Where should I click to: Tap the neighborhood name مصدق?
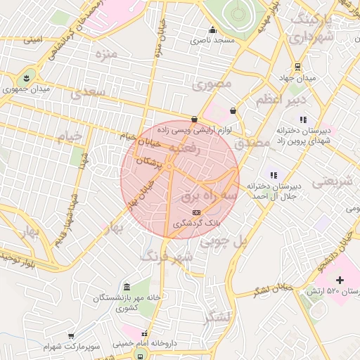(252, 142)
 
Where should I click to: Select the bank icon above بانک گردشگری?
(196, 212)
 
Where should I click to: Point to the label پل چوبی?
(224, 243)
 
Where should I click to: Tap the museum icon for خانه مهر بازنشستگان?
(127, 288)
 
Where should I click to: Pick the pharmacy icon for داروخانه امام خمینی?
(145, 334)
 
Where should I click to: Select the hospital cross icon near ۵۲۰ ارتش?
(341, 280)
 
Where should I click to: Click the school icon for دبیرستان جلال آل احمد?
(274, 175)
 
